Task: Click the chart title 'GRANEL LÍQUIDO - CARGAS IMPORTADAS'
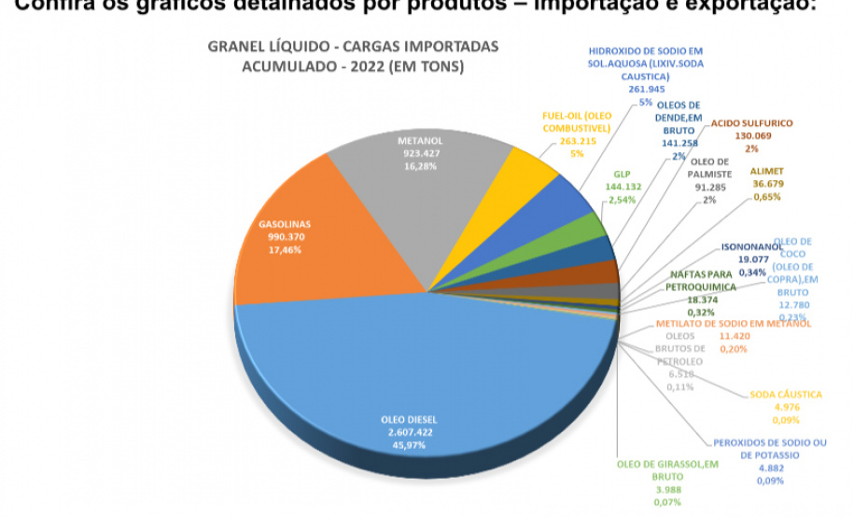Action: point(353,47)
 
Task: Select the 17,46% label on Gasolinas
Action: point(286,250)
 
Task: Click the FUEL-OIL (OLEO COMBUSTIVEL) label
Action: point(576,122)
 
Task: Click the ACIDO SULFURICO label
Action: point(751,123)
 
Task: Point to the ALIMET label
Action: point(766,172)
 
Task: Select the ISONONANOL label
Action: point(752,248)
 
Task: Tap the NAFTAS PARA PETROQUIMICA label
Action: point(703,281)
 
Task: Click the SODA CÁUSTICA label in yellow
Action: point(785,394)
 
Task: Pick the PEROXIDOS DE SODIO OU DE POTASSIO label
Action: point(771,448)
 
